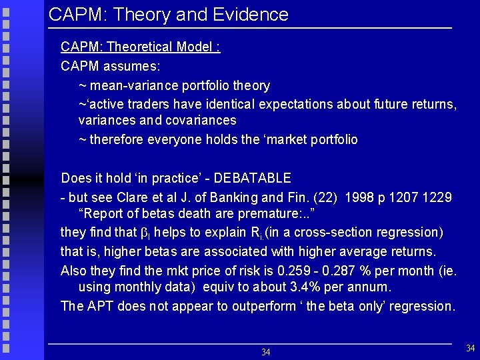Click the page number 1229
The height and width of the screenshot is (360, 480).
coord(438,198)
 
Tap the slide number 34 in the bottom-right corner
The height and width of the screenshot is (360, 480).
coord(471,347)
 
